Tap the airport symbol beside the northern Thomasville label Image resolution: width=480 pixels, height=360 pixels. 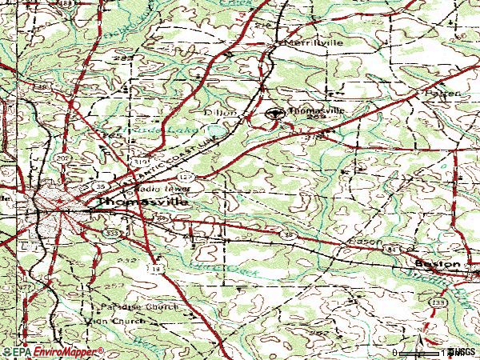coord(275,114)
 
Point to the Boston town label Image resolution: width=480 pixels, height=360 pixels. coord(438,263)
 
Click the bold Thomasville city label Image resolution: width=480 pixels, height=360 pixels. coord(143,203)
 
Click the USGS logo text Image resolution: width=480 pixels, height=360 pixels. coord(463,351)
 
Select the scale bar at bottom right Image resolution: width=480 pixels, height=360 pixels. coord(420,352)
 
